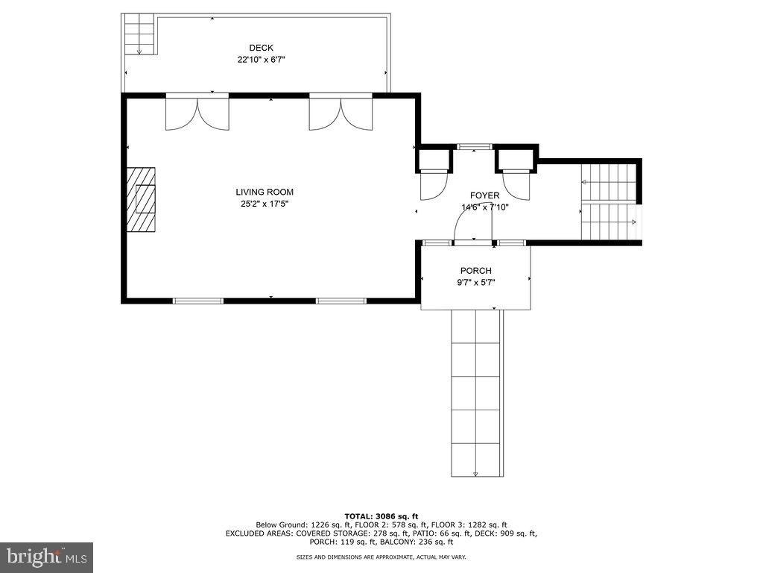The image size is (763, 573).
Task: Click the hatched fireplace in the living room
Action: click(x=141, y=199)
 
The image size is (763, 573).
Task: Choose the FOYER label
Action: click(x=484, y=195)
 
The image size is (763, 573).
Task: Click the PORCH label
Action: click(x=475, y=271)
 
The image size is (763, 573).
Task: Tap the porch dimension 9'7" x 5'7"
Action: click(x=475, y=283)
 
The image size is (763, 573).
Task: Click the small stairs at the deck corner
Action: click(x=139, y=34)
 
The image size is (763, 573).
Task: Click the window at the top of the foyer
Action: click(x=474, y=146)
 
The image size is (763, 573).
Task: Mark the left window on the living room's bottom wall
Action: click(x=197, y=301)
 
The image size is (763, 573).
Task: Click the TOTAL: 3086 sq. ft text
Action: click(x=381, y=516)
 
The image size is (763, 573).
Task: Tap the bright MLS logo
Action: click(x=46, y=557)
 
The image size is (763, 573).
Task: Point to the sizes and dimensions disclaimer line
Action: click(x=381, y=557)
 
